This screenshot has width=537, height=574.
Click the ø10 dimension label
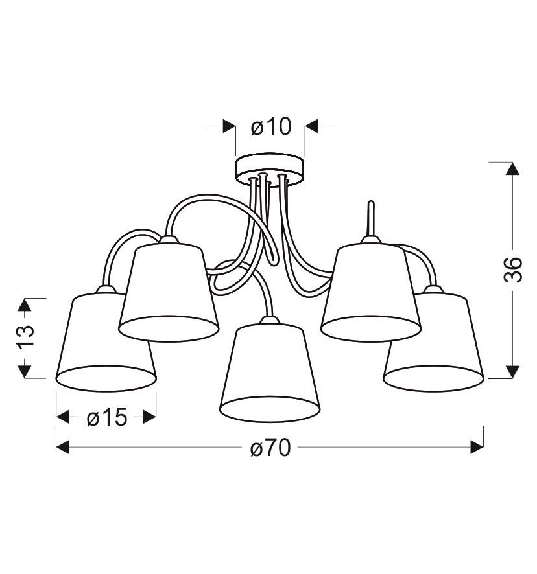[271, 127]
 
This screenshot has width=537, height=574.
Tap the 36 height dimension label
[512, 270]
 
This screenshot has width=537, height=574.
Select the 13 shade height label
[25, 335]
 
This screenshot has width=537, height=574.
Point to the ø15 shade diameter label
[107, 417]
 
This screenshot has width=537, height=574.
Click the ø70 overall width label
[270, 448]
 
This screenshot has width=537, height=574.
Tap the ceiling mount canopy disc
[270, 169]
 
